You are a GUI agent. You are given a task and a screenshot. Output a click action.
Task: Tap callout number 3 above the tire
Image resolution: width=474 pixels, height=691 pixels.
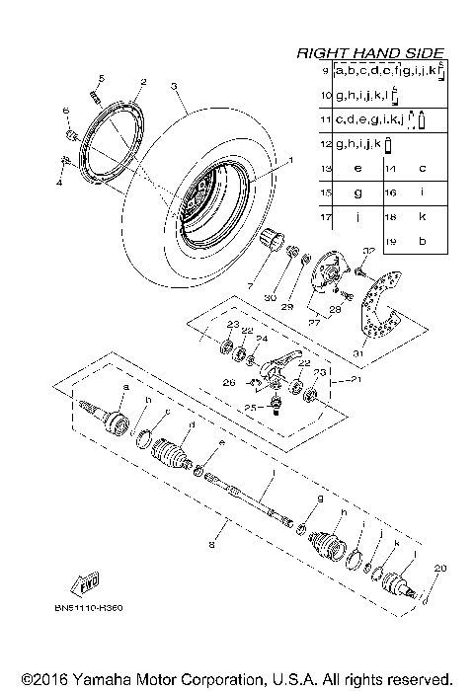[x=174, y=87]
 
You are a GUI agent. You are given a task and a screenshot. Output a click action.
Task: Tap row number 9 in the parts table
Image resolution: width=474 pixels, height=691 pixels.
[x=325, y=72]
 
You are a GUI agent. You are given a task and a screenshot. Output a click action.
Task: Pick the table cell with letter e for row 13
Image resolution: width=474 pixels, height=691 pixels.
[x=356, y=168]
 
